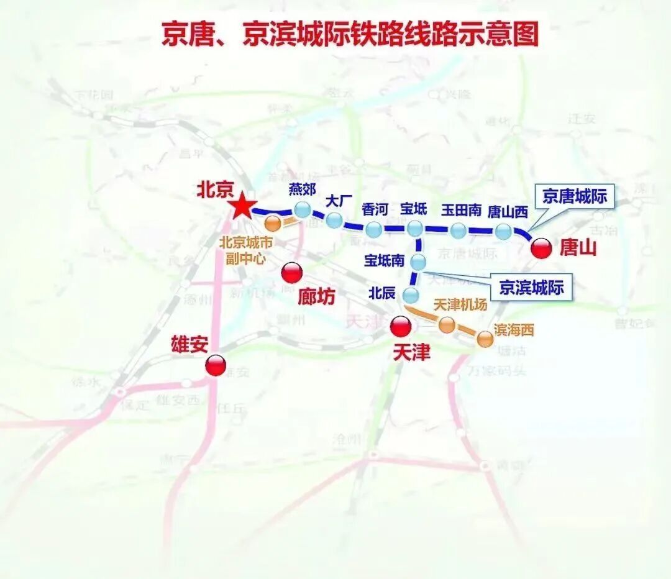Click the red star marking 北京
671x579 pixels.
242,207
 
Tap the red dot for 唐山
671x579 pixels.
542,248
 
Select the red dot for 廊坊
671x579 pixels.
291,272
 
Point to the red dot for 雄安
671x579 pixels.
216,365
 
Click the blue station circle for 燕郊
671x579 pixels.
303,210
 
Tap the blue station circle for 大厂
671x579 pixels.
334,220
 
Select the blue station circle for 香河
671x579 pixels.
373,229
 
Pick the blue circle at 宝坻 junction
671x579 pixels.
415,229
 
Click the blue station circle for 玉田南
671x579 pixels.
458,231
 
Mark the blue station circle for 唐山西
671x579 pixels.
503,232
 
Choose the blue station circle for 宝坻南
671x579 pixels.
419,262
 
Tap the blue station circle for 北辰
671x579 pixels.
411,294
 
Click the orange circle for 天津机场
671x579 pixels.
446,324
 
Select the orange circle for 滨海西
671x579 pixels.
485,339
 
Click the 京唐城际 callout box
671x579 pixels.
574,197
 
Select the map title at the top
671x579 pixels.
350,34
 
